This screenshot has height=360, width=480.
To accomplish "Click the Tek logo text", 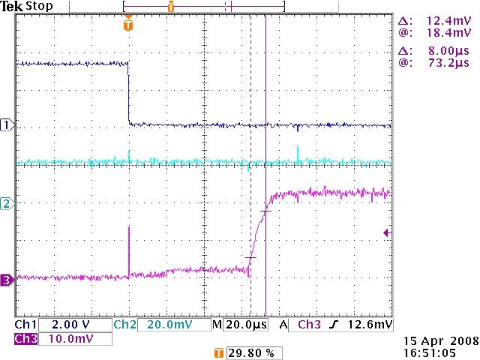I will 10,6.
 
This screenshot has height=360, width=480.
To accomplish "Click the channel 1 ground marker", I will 7,125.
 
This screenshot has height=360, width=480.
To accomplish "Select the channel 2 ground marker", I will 7,203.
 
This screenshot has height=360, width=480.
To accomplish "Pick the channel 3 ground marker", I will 7,280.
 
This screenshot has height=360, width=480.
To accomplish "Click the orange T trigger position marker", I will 128,25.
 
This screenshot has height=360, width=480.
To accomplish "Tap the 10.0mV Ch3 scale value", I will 67,339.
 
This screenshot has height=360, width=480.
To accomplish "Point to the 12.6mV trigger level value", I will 373,325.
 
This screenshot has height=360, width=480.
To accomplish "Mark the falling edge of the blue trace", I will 129,94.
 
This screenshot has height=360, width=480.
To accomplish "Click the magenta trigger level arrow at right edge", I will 386,233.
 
